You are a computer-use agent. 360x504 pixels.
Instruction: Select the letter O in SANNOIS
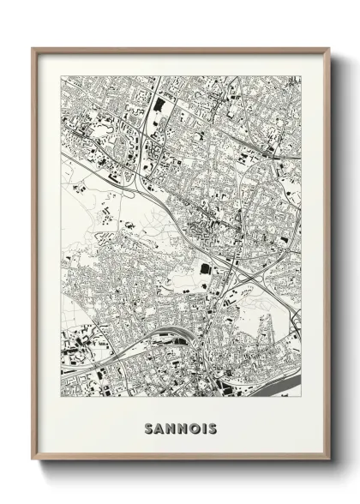pyautogui.click(x=194, y=428)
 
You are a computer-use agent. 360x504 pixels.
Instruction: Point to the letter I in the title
pyautogui.click(x=204, y=428)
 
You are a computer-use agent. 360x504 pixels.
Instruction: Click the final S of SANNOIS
pyautogui.click(x=213, y=428)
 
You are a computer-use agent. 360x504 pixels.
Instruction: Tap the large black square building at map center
pyautogui.click(x=205, y=268)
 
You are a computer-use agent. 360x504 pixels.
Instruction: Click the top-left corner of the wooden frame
pyautogui.click(x=33, y=48)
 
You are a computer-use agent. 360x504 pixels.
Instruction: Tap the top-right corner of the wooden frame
pyautogui.click(x=330, y=48)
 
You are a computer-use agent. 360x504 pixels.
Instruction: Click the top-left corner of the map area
pyautogui.click(x=61, y=75)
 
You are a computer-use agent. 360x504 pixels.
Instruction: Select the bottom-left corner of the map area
pyautogui.click(x=61, y=396)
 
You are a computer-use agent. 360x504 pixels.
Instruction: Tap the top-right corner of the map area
pyautogui.click(x=303, y=75)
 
